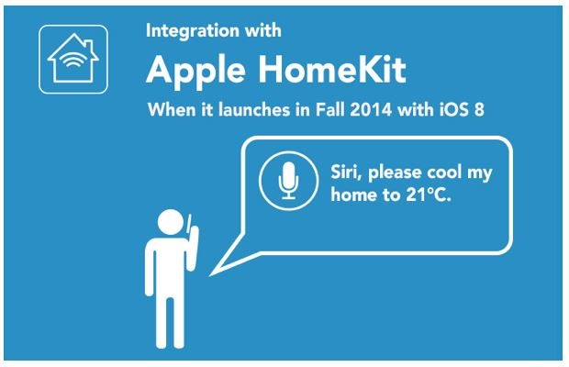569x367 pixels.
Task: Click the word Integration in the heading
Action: click(x=193, y=31)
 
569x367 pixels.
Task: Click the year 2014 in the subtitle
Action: click(x=371, y=109)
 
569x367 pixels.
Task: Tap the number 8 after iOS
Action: click(x=479, y=109)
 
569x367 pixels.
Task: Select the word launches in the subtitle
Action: click(x=254, y=109)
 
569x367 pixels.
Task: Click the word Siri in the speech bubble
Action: click(x=346, y=172)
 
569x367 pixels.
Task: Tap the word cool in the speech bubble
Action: click(x=443, y=172)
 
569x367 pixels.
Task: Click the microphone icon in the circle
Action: click(x=288, y=180)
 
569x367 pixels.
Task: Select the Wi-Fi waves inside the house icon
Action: click(x=73, y=59)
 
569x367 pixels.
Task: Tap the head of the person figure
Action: click(x=171, y=222)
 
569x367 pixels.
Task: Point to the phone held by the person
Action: click(x=189, y=224)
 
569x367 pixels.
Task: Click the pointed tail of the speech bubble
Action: click(x=210, y=275)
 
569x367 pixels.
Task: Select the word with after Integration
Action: click(x=263, y=30)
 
